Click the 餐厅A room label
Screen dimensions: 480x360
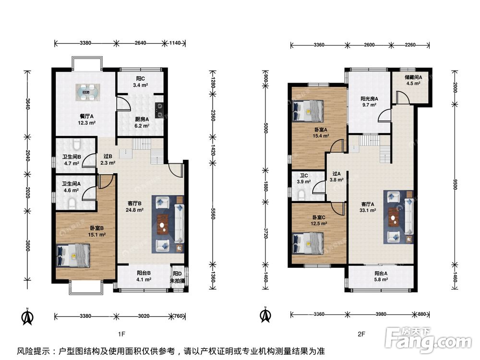[x=86, y=116]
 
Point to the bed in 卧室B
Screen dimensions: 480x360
[x=73, y=256]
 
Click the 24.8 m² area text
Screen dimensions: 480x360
[x=135, y=210]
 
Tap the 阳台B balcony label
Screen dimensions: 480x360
[x=144, y=273]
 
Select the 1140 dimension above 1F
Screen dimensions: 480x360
[x=175, y=43]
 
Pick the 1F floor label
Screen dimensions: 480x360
[x=121, y=334]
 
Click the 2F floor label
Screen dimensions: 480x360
[x=361, y=334]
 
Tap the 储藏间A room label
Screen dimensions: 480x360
[x=413, y=77]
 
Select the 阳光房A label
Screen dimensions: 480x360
[x=369, y=99]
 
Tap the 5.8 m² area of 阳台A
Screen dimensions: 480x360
[x=381, y=279]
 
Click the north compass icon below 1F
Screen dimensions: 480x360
[x=28, y=316]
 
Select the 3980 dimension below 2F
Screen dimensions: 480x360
[x=381, y=314]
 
